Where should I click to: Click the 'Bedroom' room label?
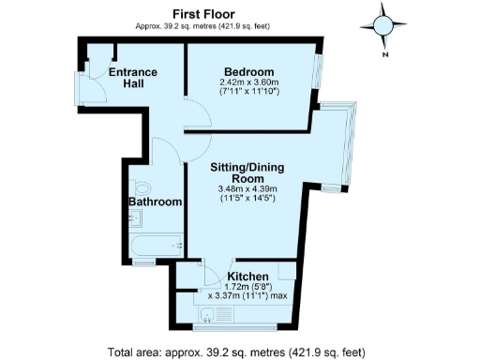pyautogui.click(x=248, y=72)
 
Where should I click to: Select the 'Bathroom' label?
pyautogui.click(x=155, y=202)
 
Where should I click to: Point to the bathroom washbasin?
pyautogui.click(x=135, y=219)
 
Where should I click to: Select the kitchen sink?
pyautogui.click(x=207, y=310)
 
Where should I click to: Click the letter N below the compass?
pyautogui.click(x=384, y=54)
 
